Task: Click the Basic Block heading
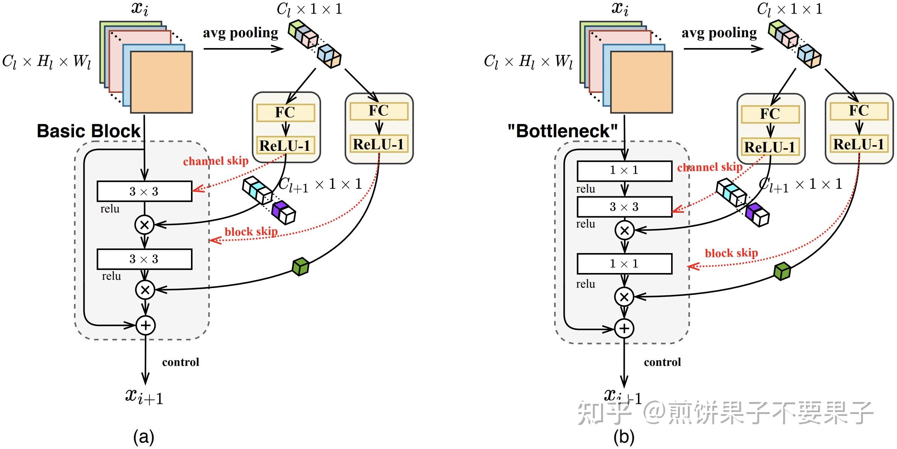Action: (x=89, y=131)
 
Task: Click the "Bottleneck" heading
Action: (x=562, y=131)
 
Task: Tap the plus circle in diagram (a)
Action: (x=145, y=325)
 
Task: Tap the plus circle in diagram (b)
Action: (x=624, y=328)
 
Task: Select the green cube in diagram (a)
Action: (x=300, y=267)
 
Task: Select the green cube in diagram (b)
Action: (x=782, y=271)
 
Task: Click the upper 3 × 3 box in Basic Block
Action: (x=144, y=191)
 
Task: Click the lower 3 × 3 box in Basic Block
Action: (x=144, y=259)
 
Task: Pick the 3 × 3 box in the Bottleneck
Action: (x=624, y=207)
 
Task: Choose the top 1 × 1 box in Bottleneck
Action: (x=624, y=171)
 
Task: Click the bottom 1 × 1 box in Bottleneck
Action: (x=624, y=264)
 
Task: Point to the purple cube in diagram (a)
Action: (x=279, y=209)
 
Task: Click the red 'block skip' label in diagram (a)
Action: (x=251, y=232)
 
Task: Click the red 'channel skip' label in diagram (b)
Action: (x=709, y=167)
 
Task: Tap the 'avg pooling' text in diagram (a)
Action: (x=241, y=33)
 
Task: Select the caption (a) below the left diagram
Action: (x=144, y=437)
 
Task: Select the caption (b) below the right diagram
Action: (x=624, y=437)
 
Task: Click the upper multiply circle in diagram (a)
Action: (x=144, y=225)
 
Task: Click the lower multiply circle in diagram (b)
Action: (x=624, y=297)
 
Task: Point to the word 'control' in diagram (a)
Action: (x=180, y=362)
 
